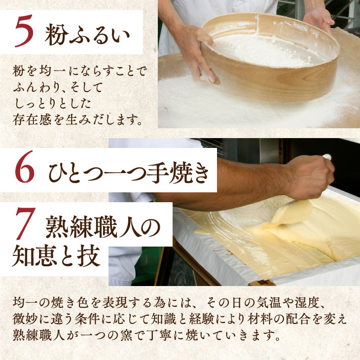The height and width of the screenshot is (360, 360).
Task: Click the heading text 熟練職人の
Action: point(103,227)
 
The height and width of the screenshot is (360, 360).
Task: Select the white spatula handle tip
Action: point(327,157)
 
